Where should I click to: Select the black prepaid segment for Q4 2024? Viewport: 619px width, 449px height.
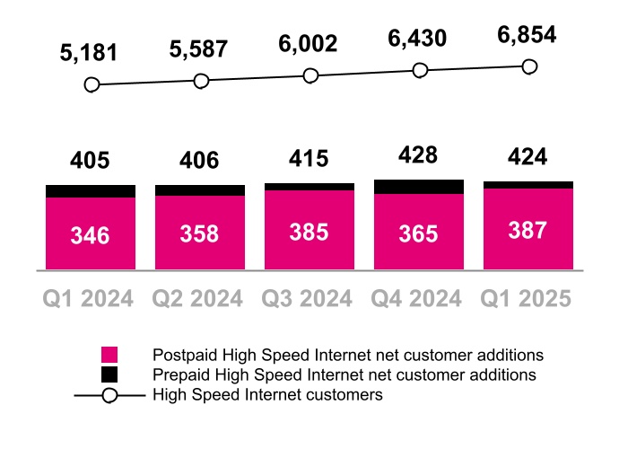419,187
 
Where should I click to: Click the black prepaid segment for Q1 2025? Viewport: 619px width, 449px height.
528,185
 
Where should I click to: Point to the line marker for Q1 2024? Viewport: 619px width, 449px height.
91,85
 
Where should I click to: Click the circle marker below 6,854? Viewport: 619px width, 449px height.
529,66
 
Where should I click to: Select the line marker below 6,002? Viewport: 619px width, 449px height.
310,76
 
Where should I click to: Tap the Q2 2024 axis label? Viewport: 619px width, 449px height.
199,298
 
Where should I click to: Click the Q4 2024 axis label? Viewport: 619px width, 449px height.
418,298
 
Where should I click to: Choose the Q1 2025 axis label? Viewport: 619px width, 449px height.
527,298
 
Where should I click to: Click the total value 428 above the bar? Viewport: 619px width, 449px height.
418,154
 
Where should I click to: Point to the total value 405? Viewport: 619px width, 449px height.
91,161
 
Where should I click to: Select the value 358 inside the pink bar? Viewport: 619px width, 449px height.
199,234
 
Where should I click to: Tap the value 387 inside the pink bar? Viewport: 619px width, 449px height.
527,231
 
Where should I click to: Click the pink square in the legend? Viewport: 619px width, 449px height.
109,355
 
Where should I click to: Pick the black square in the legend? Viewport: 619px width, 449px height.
109,374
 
